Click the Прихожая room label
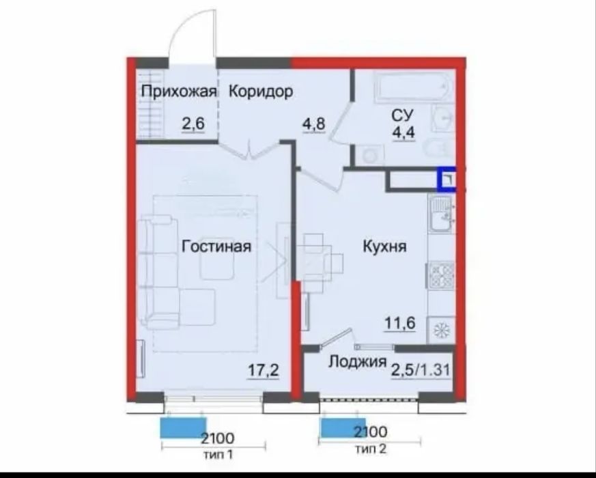pyautogui.click(x=178, y=92)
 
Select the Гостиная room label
pyautogui.click(x=216, y=247)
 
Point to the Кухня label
pyautogui.click(x=384, y=247)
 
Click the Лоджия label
pyautogui.click(x=358, y=362)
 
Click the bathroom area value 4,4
pyautogui.click(x=401, y=130)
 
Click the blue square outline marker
pyautogui.click(x=447, y=179)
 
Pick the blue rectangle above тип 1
pyautogui.click(x=182, y=427)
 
